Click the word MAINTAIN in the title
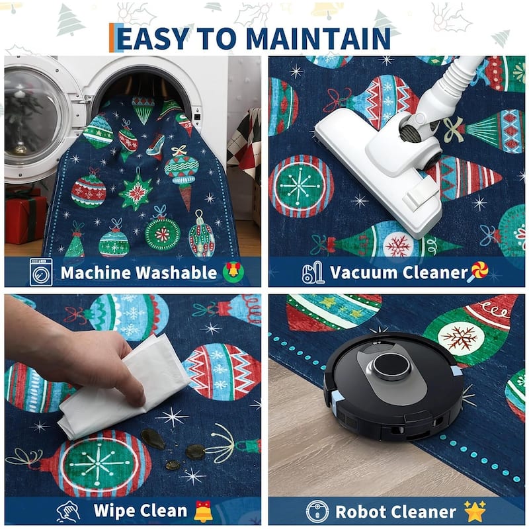coord(319,38)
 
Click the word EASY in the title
coord(153,38)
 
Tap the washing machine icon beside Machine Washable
coord(41,272)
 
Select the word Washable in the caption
coord(177,272)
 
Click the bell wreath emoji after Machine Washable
coord(233,272)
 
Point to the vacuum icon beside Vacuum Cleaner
coord(313,272)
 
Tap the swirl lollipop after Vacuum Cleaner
coord(478,272)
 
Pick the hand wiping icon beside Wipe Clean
coord(69,511)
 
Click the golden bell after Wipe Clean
coord(204,511)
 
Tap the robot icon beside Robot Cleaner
coord(317,511)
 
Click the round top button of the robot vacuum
coord(391,366)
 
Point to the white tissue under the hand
coord(125,388)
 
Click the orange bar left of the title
coord(112,38)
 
